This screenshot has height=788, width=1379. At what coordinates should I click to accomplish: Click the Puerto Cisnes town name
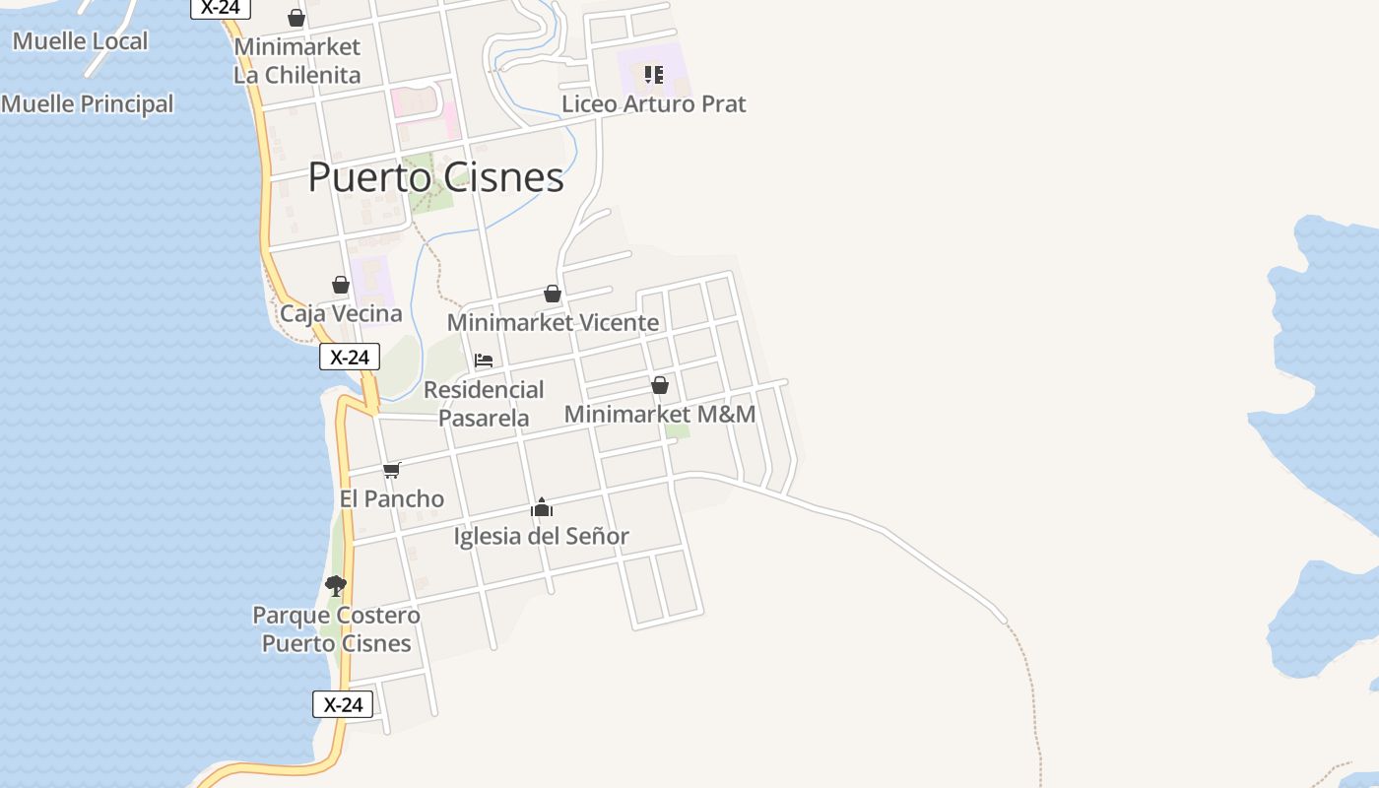pos(435,177)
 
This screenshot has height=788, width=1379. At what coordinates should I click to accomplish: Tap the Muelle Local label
pos(80,41)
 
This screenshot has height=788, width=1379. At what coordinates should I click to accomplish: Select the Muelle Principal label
pos(87,103)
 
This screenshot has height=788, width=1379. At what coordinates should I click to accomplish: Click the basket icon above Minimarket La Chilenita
pos(295,18)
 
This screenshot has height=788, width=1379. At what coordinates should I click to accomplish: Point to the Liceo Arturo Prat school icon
pos(653,74)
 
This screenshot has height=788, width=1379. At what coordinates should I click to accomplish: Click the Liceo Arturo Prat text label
pos(653,103)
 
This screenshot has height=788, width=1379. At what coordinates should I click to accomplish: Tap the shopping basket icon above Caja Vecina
pos(341,285)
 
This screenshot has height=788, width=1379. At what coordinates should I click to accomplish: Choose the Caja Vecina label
pos(341,313)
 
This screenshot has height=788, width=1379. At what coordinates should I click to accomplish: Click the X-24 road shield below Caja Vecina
pos(349,357)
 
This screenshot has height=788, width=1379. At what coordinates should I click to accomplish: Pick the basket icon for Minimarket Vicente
pos(553,294)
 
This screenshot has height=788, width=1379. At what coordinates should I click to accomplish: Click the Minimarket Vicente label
pos(553,322)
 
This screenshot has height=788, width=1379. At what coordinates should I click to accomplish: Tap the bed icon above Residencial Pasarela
pos(484,361)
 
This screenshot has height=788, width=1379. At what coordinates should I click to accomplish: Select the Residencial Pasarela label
pos(484,403)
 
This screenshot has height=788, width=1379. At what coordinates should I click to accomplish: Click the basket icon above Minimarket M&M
pos(660,385)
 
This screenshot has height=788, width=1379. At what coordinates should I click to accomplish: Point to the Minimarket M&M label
pos(660,414)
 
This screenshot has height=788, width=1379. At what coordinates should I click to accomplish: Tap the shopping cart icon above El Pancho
pos(392,470)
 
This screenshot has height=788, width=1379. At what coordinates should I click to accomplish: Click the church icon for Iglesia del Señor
pos(542,508)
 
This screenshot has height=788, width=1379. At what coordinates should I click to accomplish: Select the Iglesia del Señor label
pos(542,536)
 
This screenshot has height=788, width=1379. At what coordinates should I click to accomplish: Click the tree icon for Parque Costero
pos(336,586)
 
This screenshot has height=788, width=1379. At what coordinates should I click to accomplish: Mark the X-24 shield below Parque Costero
pos(343,704)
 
